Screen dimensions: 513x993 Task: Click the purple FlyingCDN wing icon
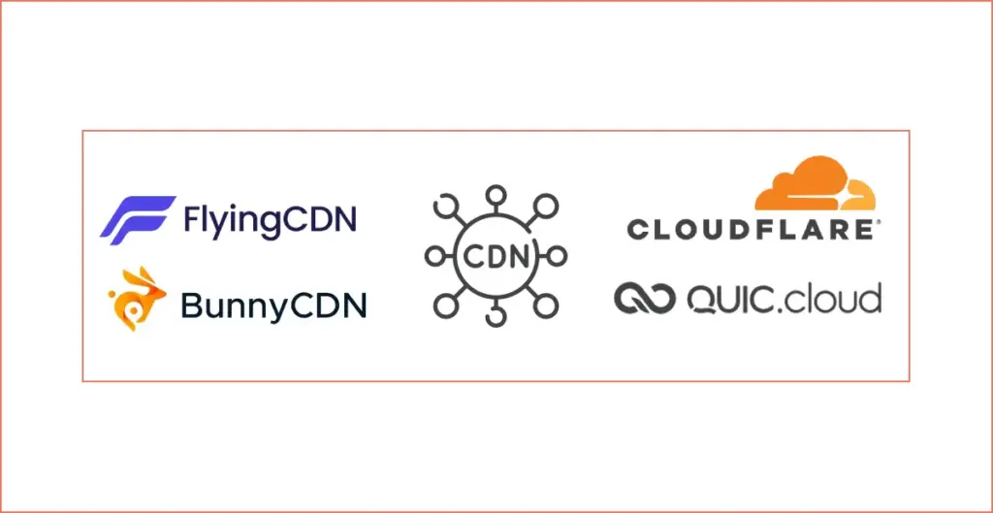click(138, 219)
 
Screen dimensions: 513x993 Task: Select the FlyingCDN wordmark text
click(270, 220)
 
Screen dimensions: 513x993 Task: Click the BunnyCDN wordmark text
click(273, 306)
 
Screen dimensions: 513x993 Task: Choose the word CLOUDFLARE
click(749, 230)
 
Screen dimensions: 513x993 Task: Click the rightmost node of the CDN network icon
click(559, 256)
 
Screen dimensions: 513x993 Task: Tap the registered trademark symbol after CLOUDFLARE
click(878, 223)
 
